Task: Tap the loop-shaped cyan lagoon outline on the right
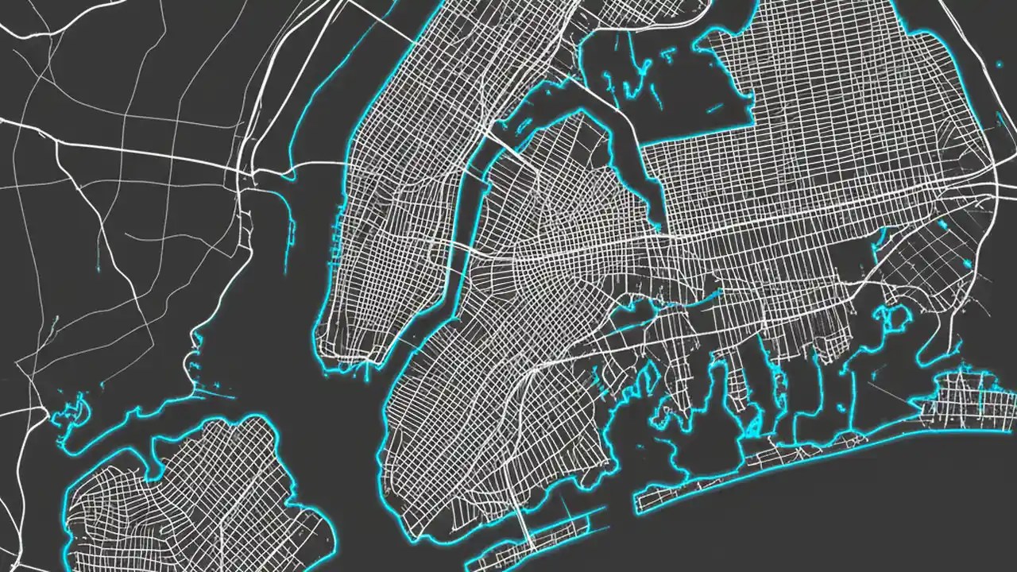click(x=896, y=319)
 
